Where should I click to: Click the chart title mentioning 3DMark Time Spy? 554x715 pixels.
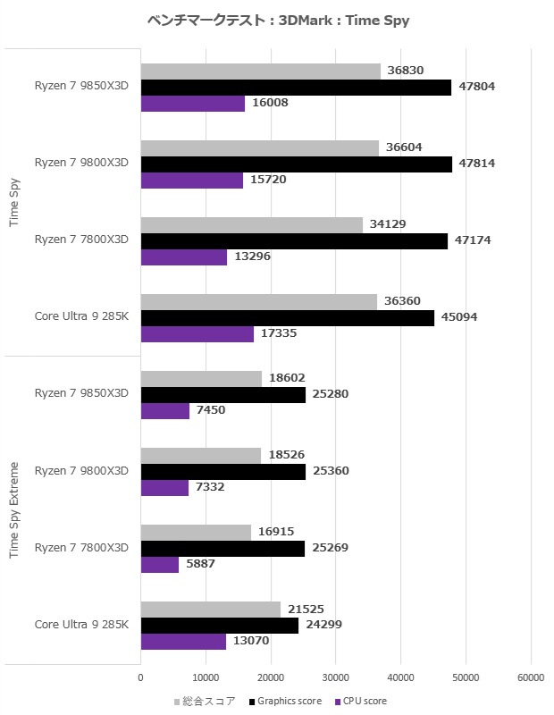coord(277,21)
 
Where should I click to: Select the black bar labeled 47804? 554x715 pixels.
coord(296,87)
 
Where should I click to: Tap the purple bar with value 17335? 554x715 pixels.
coord(197,333)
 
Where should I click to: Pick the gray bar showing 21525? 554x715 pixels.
coord(211,609)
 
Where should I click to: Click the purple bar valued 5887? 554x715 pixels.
coord(160,565)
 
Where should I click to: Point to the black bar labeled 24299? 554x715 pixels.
coord(220,626)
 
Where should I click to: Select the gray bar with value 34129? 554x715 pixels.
coord(252,224)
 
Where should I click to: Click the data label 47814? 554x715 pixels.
coord(476,164)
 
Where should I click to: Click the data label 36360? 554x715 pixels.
coord(402,301)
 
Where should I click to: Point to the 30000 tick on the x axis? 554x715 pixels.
coord(336,677)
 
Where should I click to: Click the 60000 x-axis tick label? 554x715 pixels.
coord(531,677)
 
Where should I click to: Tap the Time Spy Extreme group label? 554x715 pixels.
coord(14,509)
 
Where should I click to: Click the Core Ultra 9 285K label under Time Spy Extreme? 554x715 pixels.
coord(82,625)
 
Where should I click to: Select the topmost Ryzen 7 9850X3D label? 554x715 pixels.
coord(82,87)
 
